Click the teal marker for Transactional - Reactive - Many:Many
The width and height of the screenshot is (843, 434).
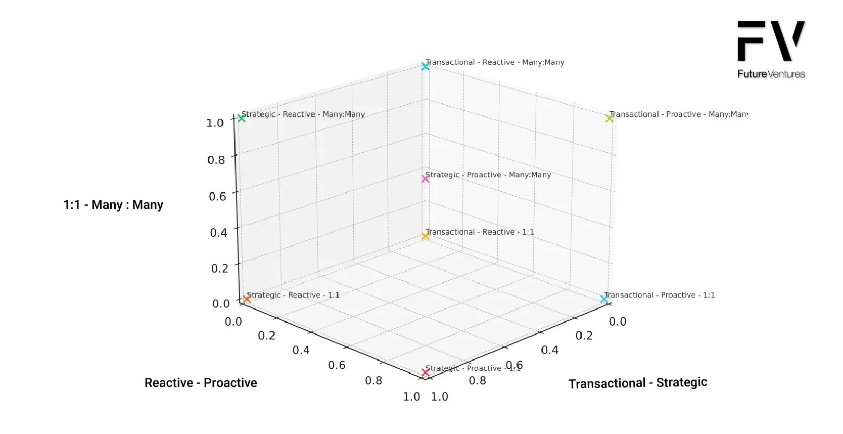pyautogui.click(x=426, y=66)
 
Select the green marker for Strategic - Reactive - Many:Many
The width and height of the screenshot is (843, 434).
pyautogui.click(x=242, y=118)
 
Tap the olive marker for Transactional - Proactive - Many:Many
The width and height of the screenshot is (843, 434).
pyautogui.click(x=610, y=118)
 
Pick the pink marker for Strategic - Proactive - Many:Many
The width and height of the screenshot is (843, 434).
pyautogui.click(x=426, y=179)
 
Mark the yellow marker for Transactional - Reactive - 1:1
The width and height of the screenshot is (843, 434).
pyautogui.click(x=426, y=236)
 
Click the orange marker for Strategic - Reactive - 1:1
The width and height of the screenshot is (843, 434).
pyautogui.click(x=247, y=299)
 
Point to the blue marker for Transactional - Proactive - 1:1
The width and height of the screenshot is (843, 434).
pyautogui.click(x=604, y=299)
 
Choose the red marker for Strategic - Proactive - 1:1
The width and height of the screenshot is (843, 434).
pyautogui.click(x=426, y=372)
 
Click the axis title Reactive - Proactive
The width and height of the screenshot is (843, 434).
pyautogui.click(x=201, y=383)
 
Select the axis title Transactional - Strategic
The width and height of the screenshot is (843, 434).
pyautogui.click(x=638, y=383)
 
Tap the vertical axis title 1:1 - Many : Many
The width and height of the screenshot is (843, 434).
pyautogui.click(x=113, y=205)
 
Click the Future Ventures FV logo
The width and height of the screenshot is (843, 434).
pyautogui.click(x=771, y=50)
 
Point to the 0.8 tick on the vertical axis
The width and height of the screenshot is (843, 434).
pyautogui.click(x=216, y=160)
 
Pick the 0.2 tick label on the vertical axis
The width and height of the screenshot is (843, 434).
pyautogui.click(x=220, y=268)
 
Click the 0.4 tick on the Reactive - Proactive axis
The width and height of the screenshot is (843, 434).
pyautogui.click(x=301, y=350)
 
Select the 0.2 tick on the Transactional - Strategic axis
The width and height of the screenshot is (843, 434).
pyautogui.click(x=584, y=336)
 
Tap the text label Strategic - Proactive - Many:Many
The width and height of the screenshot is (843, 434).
pyautogui.click(x=488, y=175)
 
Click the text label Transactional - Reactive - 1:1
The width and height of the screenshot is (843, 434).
pyautogui.click(x=480, y=232)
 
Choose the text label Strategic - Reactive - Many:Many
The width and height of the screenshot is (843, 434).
pyautogui.click(x=303, y=114)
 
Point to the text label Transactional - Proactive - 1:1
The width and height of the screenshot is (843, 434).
pyautogui.click(x=660, y=295)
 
